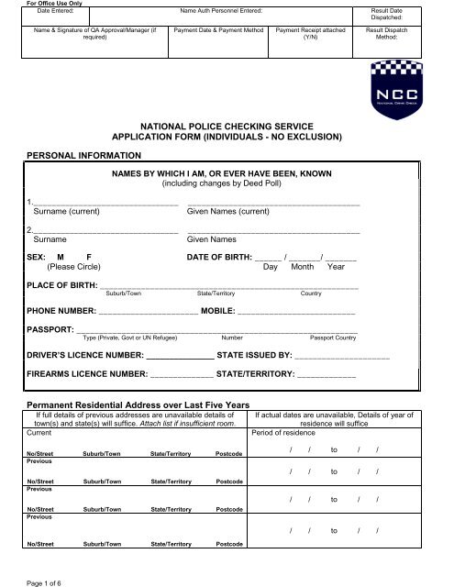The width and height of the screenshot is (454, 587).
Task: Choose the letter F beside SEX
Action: click(89, 256)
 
